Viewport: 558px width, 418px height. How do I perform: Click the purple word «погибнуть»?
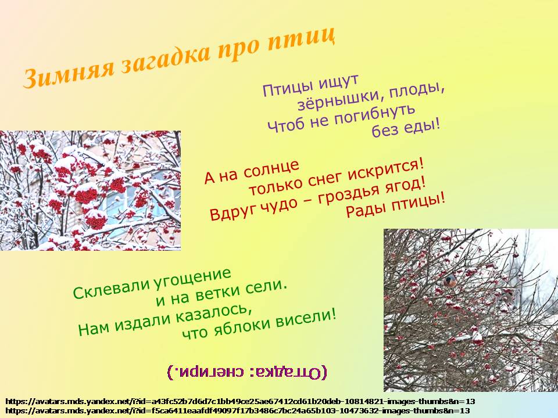click(x=374, y=115)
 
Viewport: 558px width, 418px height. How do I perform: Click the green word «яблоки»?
click(x=239, y=325)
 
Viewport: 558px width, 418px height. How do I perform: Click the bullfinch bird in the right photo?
click(x=450, y=280)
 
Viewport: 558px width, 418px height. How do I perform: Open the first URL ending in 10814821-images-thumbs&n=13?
click(x=241, y=402)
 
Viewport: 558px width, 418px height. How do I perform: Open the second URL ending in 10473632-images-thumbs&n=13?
click(x=238, y=410)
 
